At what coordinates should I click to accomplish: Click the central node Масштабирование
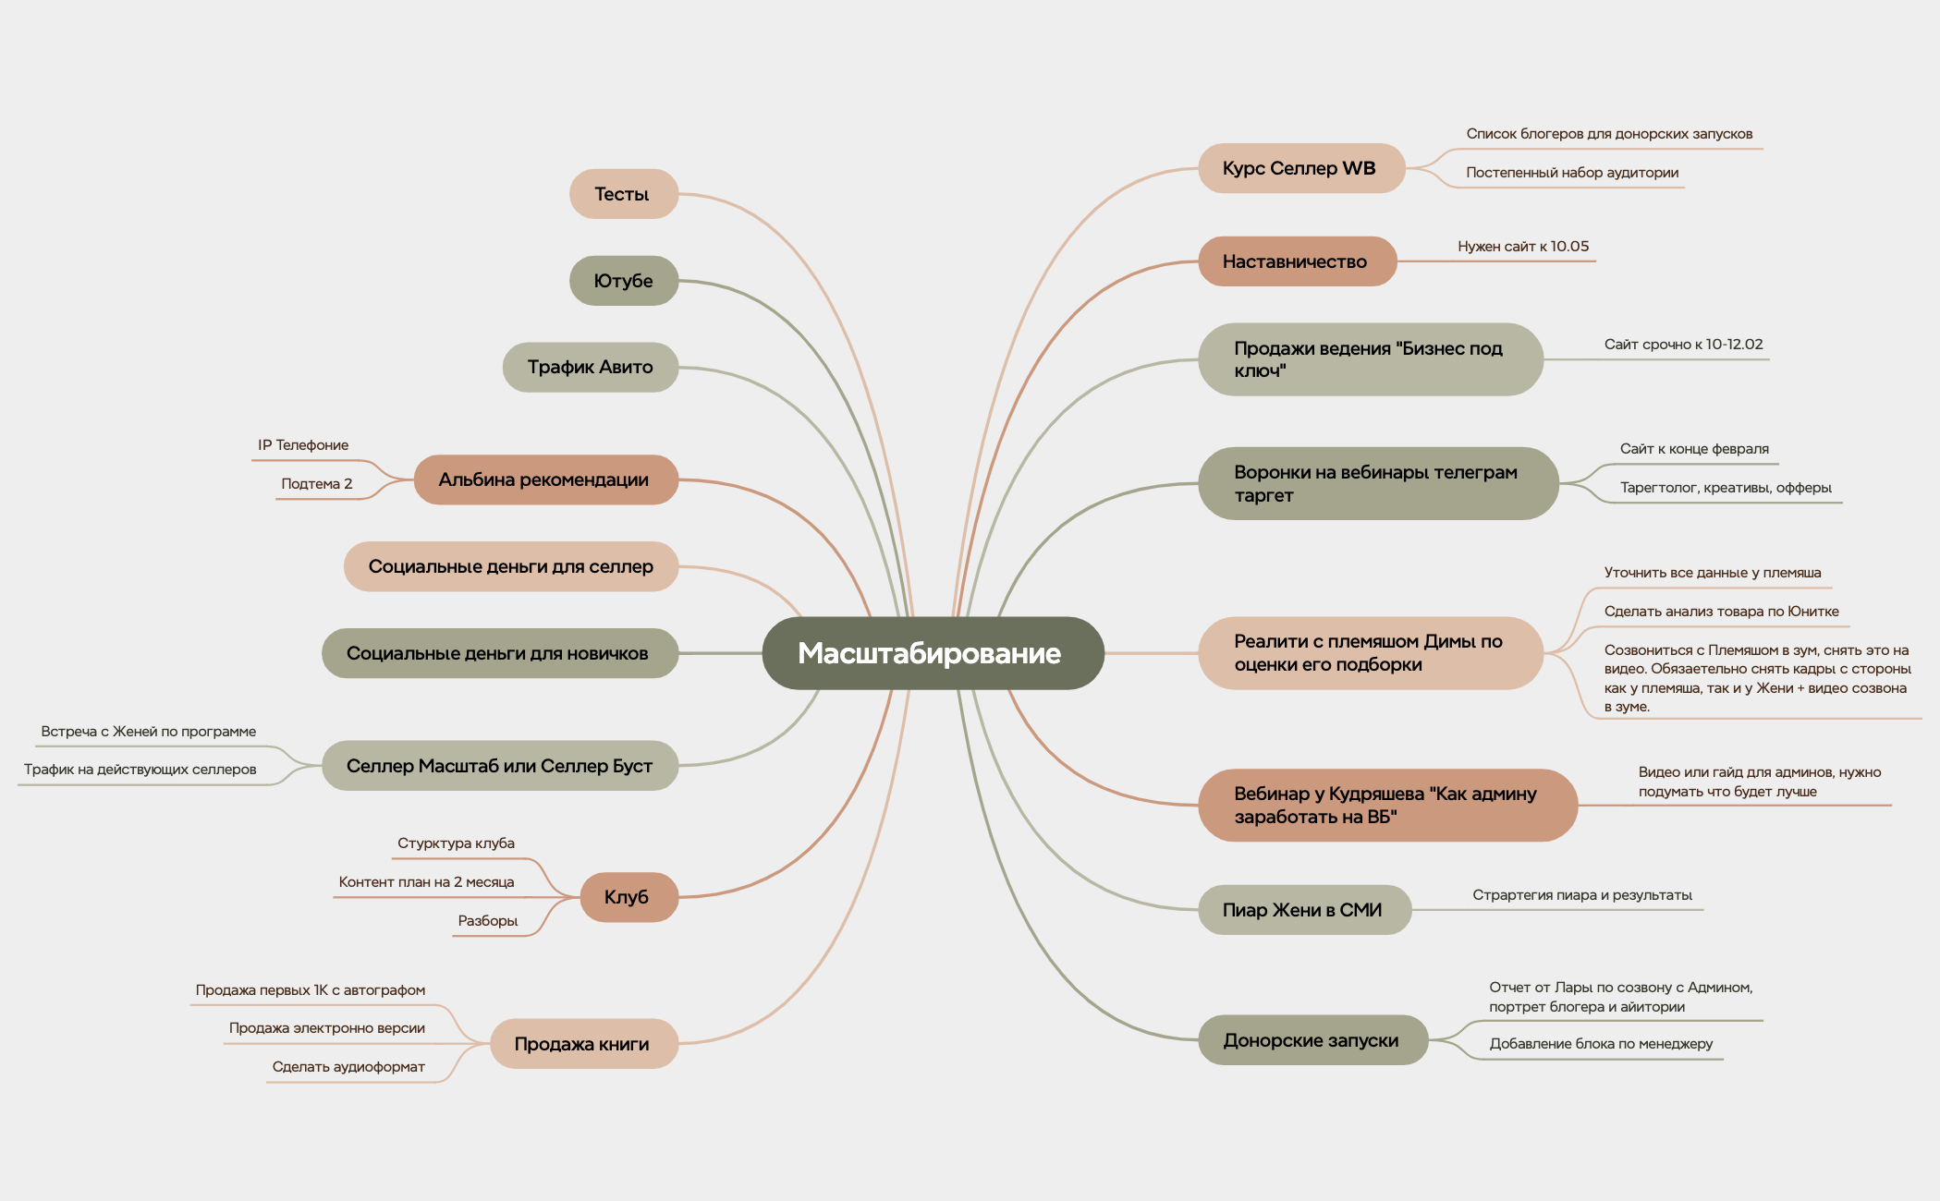933,653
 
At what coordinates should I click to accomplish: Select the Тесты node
624,194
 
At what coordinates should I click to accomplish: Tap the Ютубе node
624,281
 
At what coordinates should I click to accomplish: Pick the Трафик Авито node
591,367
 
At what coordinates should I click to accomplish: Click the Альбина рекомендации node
545,479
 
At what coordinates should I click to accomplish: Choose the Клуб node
628,897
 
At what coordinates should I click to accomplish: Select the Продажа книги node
583,1044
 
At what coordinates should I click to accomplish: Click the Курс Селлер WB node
1301,168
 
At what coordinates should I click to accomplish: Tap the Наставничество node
1297,261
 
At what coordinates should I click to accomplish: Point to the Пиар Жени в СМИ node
1304,910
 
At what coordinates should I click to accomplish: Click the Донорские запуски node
1312,1040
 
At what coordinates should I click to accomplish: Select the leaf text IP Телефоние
303,445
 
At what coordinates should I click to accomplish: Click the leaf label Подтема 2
317,484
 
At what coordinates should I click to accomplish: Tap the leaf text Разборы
488,921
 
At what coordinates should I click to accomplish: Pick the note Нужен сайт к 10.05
1523,247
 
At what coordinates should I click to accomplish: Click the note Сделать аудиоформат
348,1067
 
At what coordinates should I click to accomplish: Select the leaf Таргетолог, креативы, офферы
1726,488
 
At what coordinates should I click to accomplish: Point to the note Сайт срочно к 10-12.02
1683,345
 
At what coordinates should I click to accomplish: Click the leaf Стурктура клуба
456,843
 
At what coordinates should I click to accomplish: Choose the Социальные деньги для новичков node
499,653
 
